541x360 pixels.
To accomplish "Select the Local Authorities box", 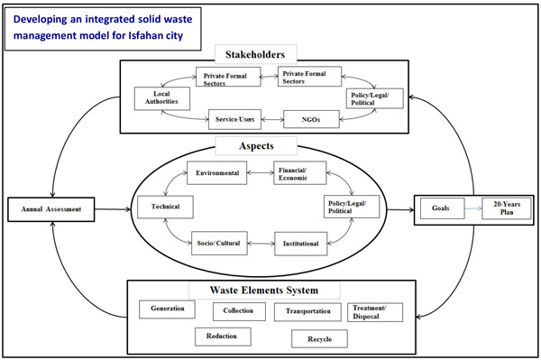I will pyautogui.click(x=161, y=97).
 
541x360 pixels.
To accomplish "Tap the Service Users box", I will pyautogui.click(x=236, y=117).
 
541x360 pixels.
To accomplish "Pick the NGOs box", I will pyautogui.click(x=309, y=117).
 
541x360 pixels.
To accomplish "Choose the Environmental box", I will pyautogui.click(x=216, y=173).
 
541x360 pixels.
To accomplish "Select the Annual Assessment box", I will pyautogui.click(x=51, y=209).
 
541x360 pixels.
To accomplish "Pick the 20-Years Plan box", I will pyautogui.click(x=501, y=208).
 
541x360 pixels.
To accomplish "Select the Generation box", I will pyautogui.click(x=168, y=309).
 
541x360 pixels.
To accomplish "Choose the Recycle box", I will pyautogui.click(x=319, y=339).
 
